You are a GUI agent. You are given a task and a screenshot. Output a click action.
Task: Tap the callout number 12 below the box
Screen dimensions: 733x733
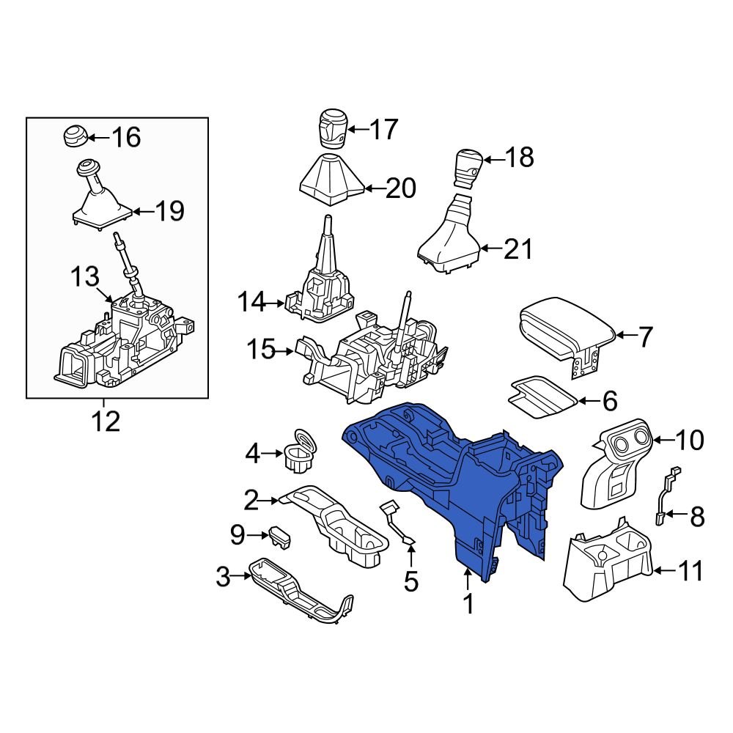pos(103,421)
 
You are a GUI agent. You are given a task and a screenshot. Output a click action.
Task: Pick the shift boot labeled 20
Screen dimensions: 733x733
pos(331,180)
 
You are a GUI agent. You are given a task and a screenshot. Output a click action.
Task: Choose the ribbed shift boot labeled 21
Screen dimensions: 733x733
pos(449,238)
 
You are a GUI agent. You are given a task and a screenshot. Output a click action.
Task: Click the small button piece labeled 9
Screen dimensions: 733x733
pos(279,537)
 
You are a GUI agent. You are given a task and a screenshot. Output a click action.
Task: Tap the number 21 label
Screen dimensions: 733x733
pos(518,250)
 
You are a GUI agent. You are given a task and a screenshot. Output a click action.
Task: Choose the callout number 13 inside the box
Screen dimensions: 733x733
pos(84,277)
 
